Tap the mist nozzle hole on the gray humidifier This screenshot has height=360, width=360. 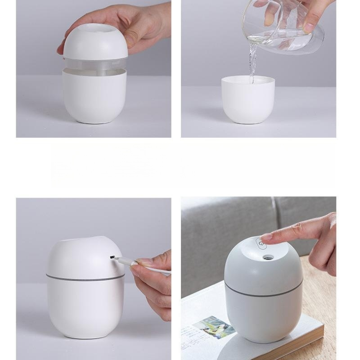(268, 257)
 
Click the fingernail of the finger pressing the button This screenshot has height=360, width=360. (266, 236)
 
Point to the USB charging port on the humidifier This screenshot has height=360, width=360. (111, 257)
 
